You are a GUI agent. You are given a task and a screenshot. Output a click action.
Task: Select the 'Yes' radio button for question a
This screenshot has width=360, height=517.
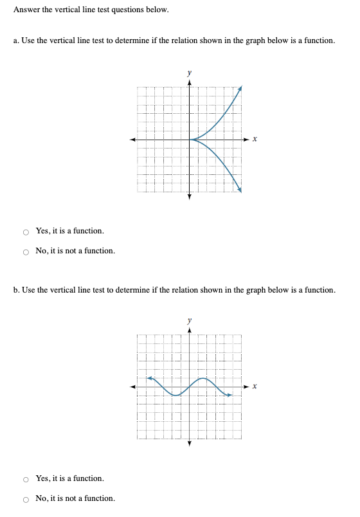[x=26, y=231]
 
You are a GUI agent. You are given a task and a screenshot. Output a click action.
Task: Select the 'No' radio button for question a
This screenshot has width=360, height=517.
[x=26, y=251]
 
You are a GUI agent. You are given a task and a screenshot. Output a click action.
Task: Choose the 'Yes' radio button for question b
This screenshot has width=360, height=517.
[x=26, y=479]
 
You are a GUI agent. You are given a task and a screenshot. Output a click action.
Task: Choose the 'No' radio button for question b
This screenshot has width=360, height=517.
[x=26, y=499]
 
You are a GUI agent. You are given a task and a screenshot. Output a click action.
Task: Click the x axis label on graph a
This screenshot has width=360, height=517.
[x=255, y=140]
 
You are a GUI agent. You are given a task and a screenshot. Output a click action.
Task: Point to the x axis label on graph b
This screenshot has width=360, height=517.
[x=255, y=386]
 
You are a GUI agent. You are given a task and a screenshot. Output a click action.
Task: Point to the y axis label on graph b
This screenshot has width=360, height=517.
[x=189, y=320]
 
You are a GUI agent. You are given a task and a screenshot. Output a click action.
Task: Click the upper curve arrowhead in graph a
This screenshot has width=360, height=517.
[x=240, y=87]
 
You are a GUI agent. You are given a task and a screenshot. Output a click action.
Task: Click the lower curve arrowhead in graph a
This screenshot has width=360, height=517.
[x=240, y=190]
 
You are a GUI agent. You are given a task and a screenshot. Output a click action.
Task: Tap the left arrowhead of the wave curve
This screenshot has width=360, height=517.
[x=149, y=378]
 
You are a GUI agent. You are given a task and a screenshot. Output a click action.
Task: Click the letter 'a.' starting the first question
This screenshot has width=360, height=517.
[x=16, y=41]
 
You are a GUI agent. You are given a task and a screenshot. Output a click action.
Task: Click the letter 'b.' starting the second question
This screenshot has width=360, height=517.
[x=16, y=290]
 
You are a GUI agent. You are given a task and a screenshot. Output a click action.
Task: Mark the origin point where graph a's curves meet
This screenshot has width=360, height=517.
[x=190, y=140]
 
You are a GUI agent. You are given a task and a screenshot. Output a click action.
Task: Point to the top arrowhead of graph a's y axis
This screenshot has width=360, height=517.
[x=190, y=83]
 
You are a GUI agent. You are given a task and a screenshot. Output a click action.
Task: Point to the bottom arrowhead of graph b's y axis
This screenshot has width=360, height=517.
[x=190, y=444]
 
